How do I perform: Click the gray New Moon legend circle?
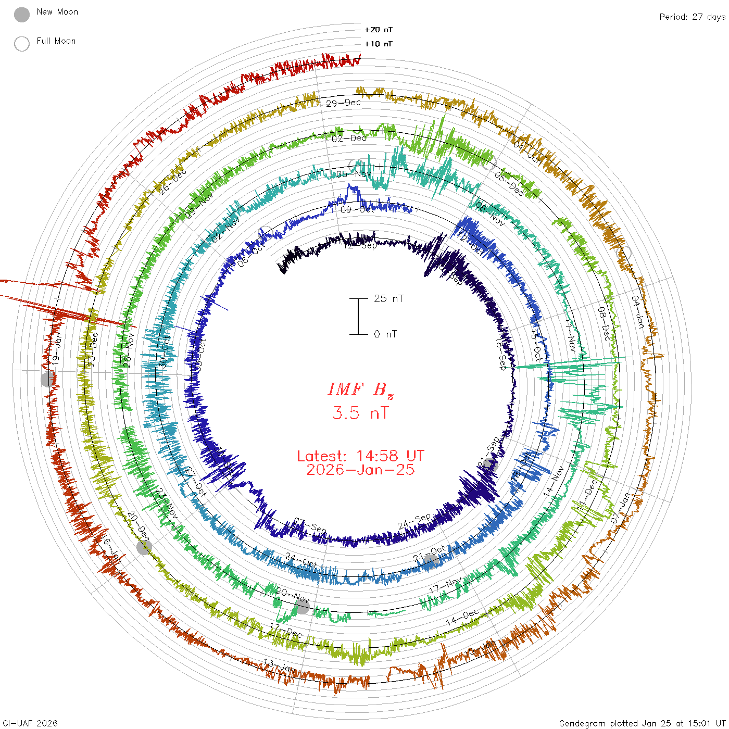tap(22, 15)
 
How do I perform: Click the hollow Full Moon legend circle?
tap(22, 44)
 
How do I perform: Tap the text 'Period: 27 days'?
tap(692, 17)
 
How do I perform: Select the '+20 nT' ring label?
tap(379, 30)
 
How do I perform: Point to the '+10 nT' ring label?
tap(379, 44)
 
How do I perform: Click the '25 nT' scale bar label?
tap(388, 298)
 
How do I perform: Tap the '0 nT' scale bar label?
tap(385, 334)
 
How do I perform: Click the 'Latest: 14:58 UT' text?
tap(360, 456)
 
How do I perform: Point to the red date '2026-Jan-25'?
tap(360, 470)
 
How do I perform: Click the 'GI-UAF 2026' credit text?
tap(29, 723)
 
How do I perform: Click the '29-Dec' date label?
tap(343, 103)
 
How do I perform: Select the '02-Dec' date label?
tap(349, 138)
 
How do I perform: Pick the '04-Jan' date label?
tap(638, 311)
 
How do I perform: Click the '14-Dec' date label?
tap(462, 618)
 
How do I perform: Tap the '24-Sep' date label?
tap(414, 521)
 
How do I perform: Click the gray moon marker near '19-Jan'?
tap(48, 379)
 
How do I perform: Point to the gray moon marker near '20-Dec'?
tap(144, 547)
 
